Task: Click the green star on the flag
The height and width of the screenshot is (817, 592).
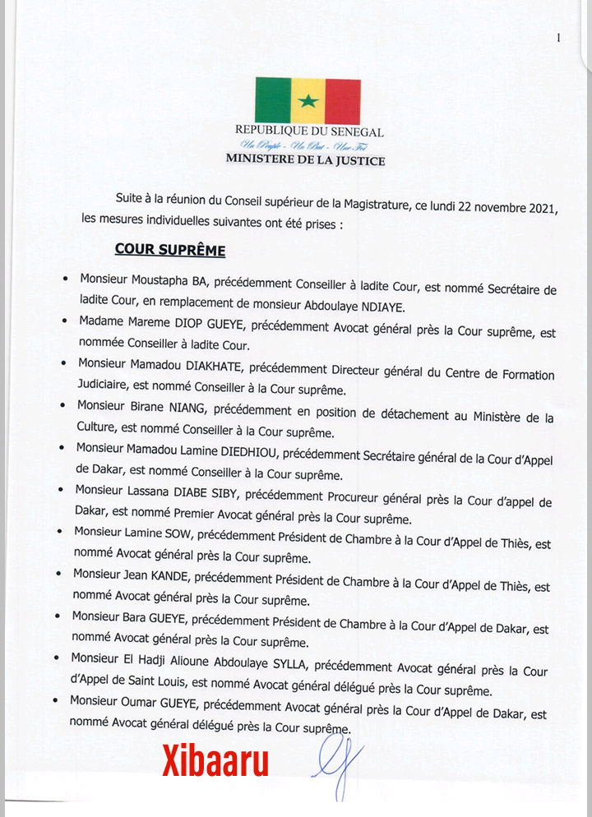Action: point(308,100)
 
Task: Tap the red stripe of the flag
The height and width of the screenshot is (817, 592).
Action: point(343,100)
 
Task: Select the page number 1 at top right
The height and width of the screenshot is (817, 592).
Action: point(558,37)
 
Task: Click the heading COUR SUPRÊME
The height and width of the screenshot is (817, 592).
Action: point(170,249)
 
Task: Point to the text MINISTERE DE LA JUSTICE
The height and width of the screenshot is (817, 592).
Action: point(305,161)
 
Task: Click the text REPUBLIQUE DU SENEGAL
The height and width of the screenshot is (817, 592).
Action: point(309,132)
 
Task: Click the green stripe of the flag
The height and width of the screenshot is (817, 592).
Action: point(273,100)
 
